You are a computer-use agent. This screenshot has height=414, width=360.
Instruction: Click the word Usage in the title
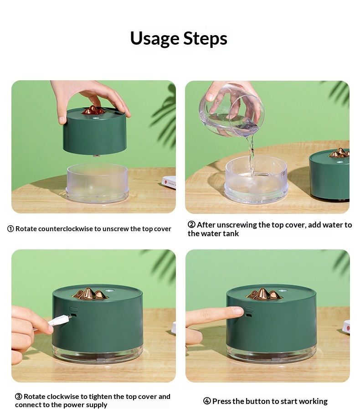coord(155,39)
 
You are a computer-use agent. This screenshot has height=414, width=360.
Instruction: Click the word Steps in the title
coord(205,38)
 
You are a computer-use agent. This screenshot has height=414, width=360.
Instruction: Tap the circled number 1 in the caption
coord(10,228)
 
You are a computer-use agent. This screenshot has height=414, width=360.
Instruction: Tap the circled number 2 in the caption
coord(191,224)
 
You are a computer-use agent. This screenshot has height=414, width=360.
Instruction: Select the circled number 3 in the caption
coord(19,397)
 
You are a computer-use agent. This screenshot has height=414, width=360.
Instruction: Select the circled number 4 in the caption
coord(207,401)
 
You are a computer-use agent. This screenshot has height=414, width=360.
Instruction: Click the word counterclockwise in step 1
coord(57,228)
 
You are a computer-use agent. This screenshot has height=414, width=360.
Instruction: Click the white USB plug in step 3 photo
coord(59,321)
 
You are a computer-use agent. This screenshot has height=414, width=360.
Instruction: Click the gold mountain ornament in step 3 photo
coord(89,294)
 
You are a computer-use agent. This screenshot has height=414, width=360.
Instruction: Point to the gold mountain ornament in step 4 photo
coord(263,294)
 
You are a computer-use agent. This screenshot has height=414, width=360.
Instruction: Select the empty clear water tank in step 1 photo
coord(97,182)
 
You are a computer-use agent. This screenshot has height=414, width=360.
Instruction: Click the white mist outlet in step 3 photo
coord(109,291)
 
